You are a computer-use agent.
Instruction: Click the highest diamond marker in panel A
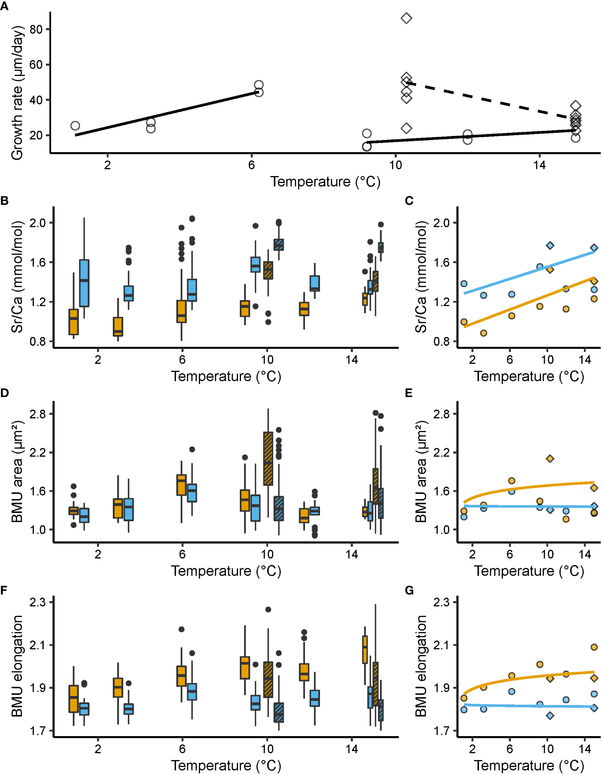tap(406, 18)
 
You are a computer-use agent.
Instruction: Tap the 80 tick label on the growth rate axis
tap(36, 29)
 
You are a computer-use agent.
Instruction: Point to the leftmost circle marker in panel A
tap(75, 126)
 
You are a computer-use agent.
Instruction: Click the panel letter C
tap(409, 201)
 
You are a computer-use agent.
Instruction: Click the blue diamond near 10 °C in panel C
tap(550, 245)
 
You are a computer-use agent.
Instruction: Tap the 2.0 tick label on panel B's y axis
tap(37, 223)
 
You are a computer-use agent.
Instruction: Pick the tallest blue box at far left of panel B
tap(84, 283)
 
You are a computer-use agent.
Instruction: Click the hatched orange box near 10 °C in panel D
tap(268, 459)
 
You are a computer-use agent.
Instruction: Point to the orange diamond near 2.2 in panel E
tap(550, 459)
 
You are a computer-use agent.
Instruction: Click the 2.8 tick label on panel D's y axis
tap(37, 414)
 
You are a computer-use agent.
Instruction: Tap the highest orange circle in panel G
tap(594, 647)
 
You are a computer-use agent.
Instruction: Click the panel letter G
tap(409, 590)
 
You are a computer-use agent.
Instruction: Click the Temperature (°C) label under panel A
tap(325, 182)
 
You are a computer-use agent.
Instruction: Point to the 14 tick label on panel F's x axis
tap(351, 749)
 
